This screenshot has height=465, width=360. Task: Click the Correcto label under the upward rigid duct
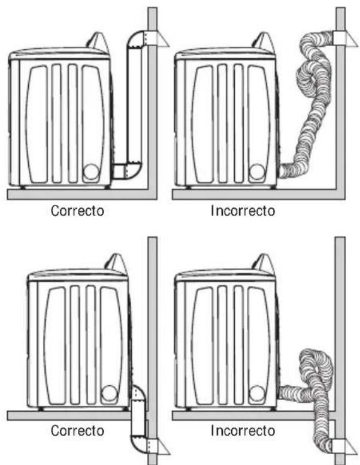tap(77, 211)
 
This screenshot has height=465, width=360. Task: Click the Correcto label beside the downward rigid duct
tap(77, 430)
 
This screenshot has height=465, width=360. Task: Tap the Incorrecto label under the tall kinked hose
tap(243, 211)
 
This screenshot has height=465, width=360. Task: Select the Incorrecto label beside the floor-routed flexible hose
tap(243, 430)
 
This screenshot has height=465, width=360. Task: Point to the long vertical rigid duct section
tap(134, 104)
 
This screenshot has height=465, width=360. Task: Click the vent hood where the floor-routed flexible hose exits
tap(344, 446)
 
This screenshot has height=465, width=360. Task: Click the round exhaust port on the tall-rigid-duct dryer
tap(90, 173)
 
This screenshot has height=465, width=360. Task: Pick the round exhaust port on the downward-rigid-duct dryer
tap(109, 393)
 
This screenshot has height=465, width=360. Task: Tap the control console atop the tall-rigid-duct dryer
tap(99, 42)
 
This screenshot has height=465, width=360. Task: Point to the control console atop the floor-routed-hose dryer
tap(264, 263)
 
